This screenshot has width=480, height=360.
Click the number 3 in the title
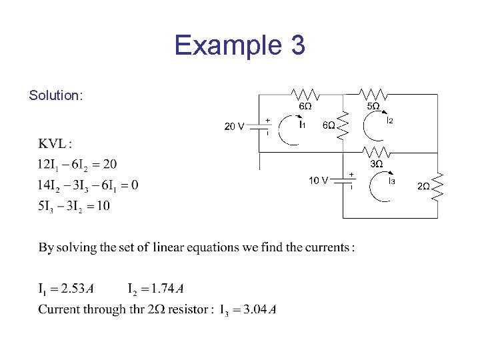pos(297,45)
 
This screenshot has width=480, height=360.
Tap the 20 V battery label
pos(234,125)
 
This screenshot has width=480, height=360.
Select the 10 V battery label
pos(318,180)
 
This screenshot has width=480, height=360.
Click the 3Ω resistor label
pos(376,164)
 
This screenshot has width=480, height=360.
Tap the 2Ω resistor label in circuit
pos(423,186)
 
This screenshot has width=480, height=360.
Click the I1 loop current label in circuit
pos(302,125)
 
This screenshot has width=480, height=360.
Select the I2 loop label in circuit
pos(390,120)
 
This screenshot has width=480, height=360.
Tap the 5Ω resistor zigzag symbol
pos(372,93)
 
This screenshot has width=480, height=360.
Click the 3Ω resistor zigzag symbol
pos(375,152)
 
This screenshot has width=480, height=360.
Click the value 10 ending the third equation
pos(103,206)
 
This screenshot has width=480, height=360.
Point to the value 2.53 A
pos(77,289)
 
